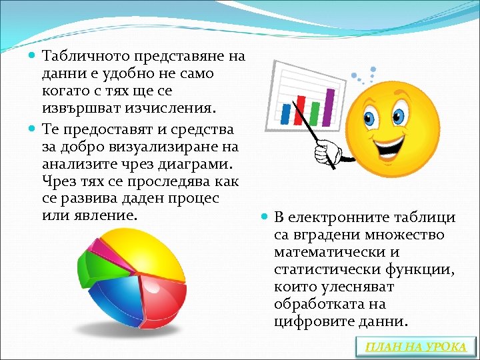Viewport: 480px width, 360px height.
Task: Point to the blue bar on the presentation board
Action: pyautogui.click(x=285, y=117)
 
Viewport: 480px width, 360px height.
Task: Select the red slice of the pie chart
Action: pyautogui.click(x=164, y=303)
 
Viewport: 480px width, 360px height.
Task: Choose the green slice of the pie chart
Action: pyautogui.click(x=90, y=267)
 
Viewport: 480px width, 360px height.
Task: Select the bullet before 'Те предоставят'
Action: pyautogui.click(x=33, y=128)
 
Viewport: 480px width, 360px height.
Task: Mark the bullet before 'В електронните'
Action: pyautogui.click(x=265, y=217)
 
